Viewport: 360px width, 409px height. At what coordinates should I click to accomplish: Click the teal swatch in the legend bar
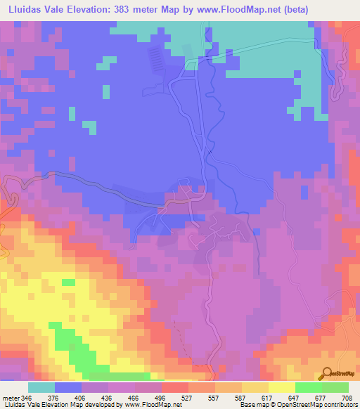(x=41, y=387)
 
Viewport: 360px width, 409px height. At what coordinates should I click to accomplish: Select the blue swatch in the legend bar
(x=68, y=387)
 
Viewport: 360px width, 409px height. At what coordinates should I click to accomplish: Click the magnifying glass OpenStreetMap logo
(x=326, y=373)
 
